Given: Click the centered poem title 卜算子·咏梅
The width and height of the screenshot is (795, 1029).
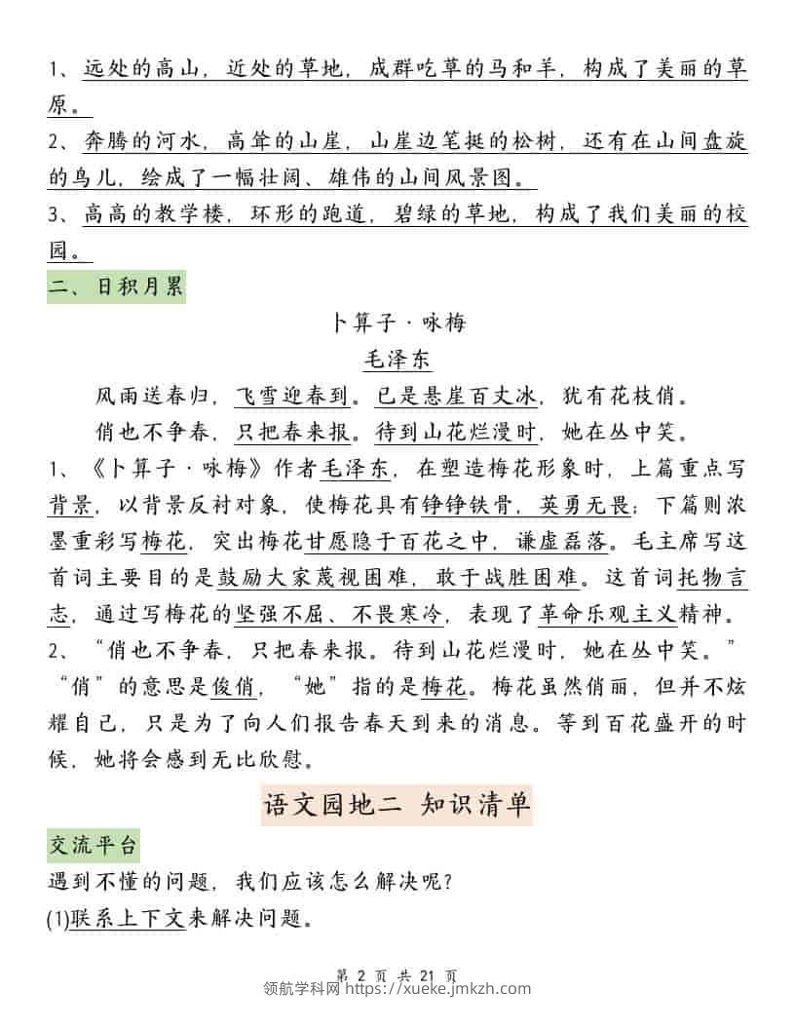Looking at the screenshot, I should coord(398,322).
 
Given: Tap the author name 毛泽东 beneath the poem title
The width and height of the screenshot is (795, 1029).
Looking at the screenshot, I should coord(397,359).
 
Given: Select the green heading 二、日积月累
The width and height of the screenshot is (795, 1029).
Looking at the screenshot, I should coord(116,289).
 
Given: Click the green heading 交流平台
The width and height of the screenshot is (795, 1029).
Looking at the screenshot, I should coord(94,844).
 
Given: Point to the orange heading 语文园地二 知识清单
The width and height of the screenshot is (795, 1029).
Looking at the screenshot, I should coord(397,804).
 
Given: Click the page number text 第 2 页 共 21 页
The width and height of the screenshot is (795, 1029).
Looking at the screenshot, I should coord(397,973).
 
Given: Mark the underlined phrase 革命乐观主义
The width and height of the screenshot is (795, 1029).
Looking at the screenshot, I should coord(606,615).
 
